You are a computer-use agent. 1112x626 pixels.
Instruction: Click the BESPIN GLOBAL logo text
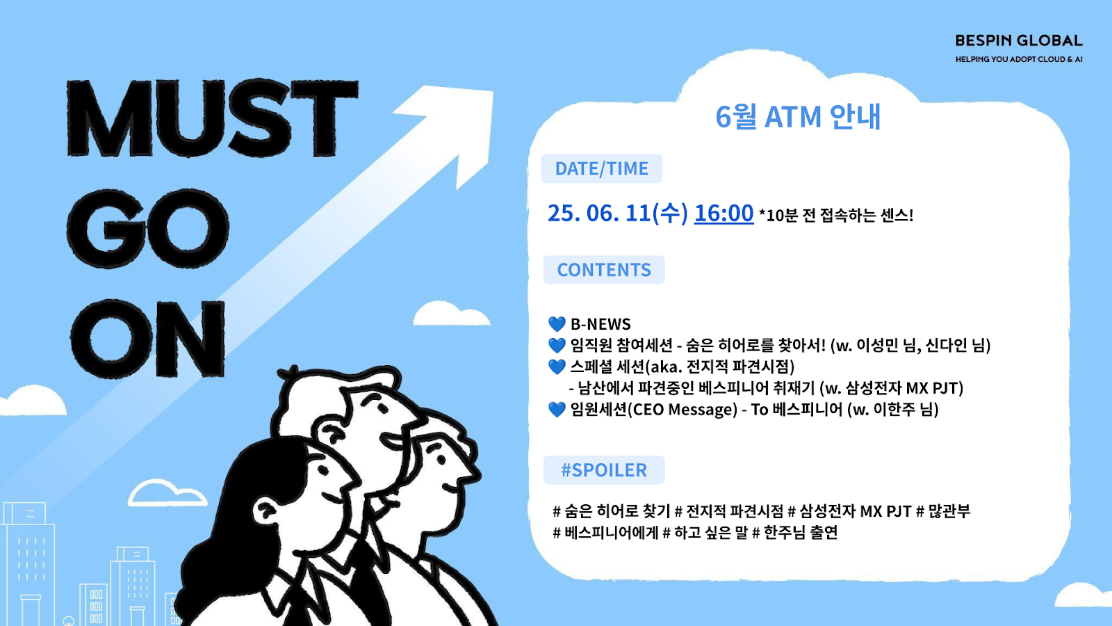coord(1019,41)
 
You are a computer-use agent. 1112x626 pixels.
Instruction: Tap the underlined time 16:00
coord(723,213)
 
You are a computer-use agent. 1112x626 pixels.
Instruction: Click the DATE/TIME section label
coord(602,168)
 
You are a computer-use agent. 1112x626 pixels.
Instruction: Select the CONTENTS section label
coord(604,270)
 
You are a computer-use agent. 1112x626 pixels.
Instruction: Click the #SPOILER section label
coord(604,469)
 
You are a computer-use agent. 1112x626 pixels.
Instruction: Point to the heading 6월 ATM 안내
coord(798,117)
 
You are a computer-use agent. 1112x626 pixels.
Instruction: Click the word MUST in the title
coord(213,118)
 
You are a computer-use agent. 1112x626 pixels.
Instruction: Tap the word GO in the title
coord(147,229)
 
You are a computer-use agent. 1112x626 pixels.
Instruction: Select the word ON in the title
coord(148,339)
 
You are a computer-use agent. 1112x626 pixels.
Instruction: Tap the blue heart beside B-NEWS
coord(557,324)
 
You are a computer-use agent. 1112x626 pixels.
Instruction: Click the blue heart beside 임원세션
coord(557,410)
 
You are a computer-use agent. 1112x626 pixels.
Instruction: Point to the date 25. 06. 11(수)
coord(618,213)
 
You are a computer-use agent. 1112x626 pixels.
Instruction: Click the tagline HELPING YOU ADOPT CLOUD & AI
coord(1019,59)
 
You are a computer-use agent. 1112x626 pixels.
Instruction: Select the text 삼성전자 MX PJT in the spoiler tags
coord(856,511)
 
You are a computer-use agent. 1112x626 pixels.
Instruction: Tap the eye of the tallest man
coord(382,409)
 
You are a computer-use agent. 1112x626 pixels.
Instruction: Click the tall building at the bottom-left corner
coord(28,564)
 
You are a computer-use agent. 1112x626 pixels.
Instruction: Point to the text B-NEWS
coord(600,324)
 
